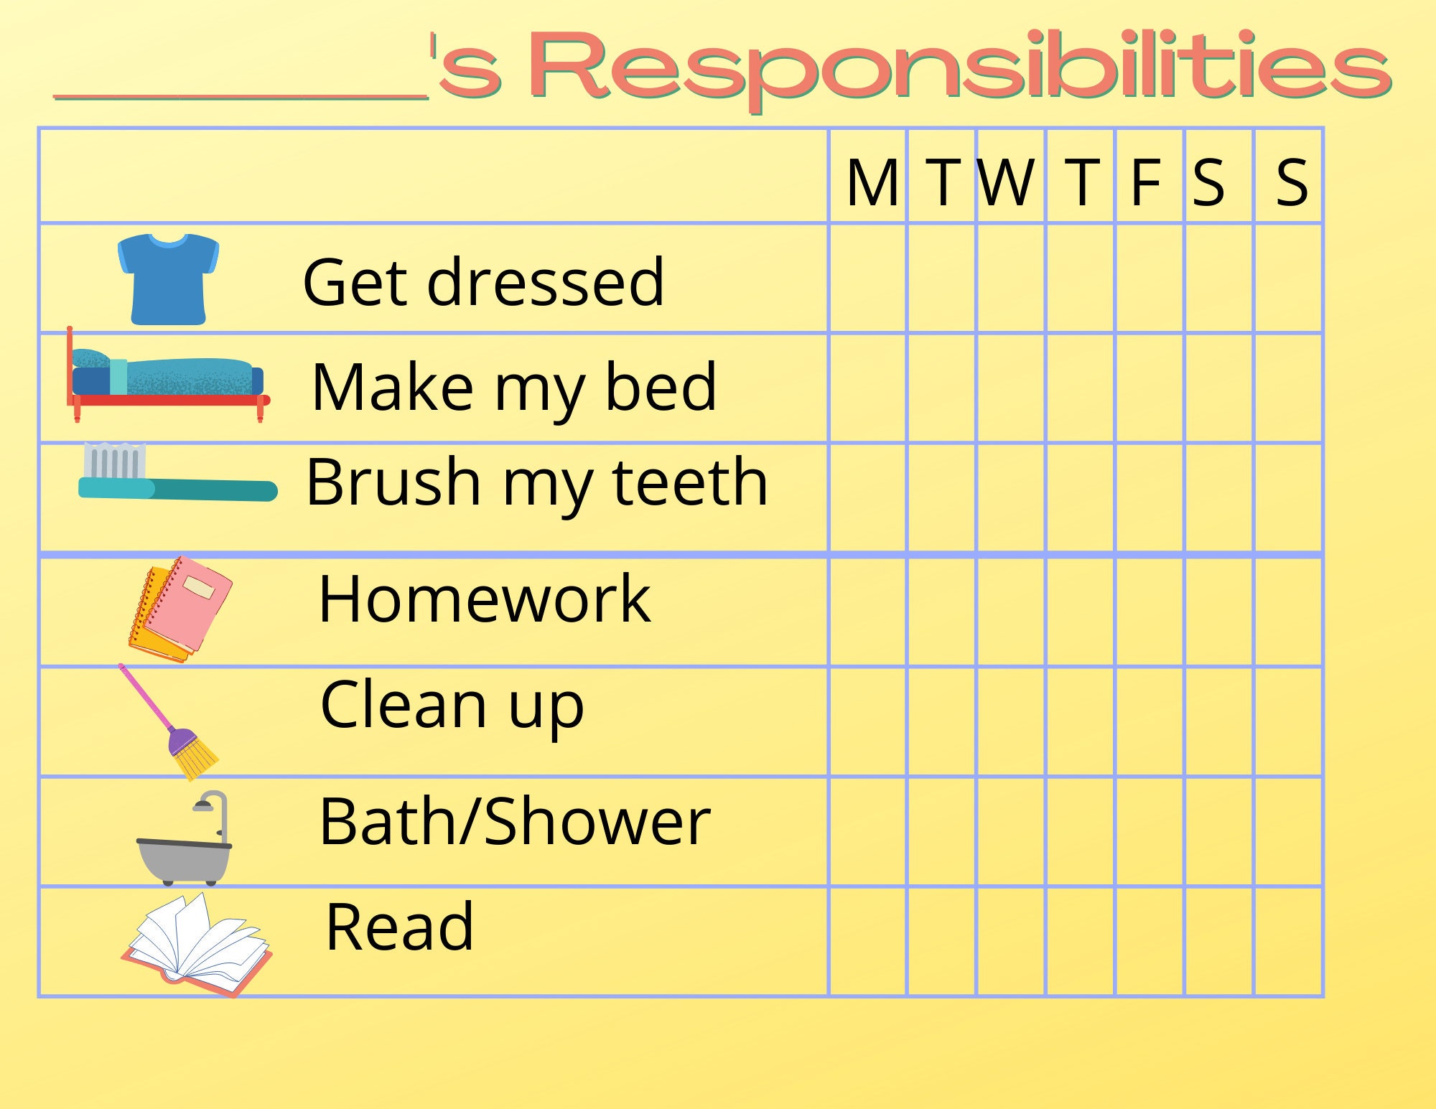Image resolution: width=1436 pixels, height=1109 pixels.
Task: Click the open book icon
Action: (195, 944)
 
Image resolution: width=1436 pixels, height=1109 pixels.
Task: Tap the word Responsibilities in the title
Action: (962, 68)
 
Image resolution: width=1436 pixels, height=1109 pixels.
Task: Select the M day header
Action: (872, 183)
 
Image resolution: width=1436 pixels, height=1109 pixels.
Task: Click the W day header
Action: (1007, 183)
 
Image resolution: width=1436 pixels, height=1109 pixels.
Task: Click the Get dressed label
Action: (483, 282)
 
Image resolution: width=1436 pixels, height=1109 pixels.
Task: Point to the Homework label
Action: (484, 599)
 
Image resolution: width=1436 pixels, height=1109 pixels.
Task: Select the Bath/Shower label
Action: (514, 822)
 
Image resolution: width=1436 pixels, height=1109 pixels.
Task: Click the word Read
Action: (399, 927)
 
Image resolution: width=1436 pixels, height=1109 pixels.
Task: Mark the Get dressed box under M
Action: (868, 279)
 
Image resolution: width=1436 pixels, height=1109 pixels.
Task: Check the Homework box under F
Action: (1149, 612)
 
